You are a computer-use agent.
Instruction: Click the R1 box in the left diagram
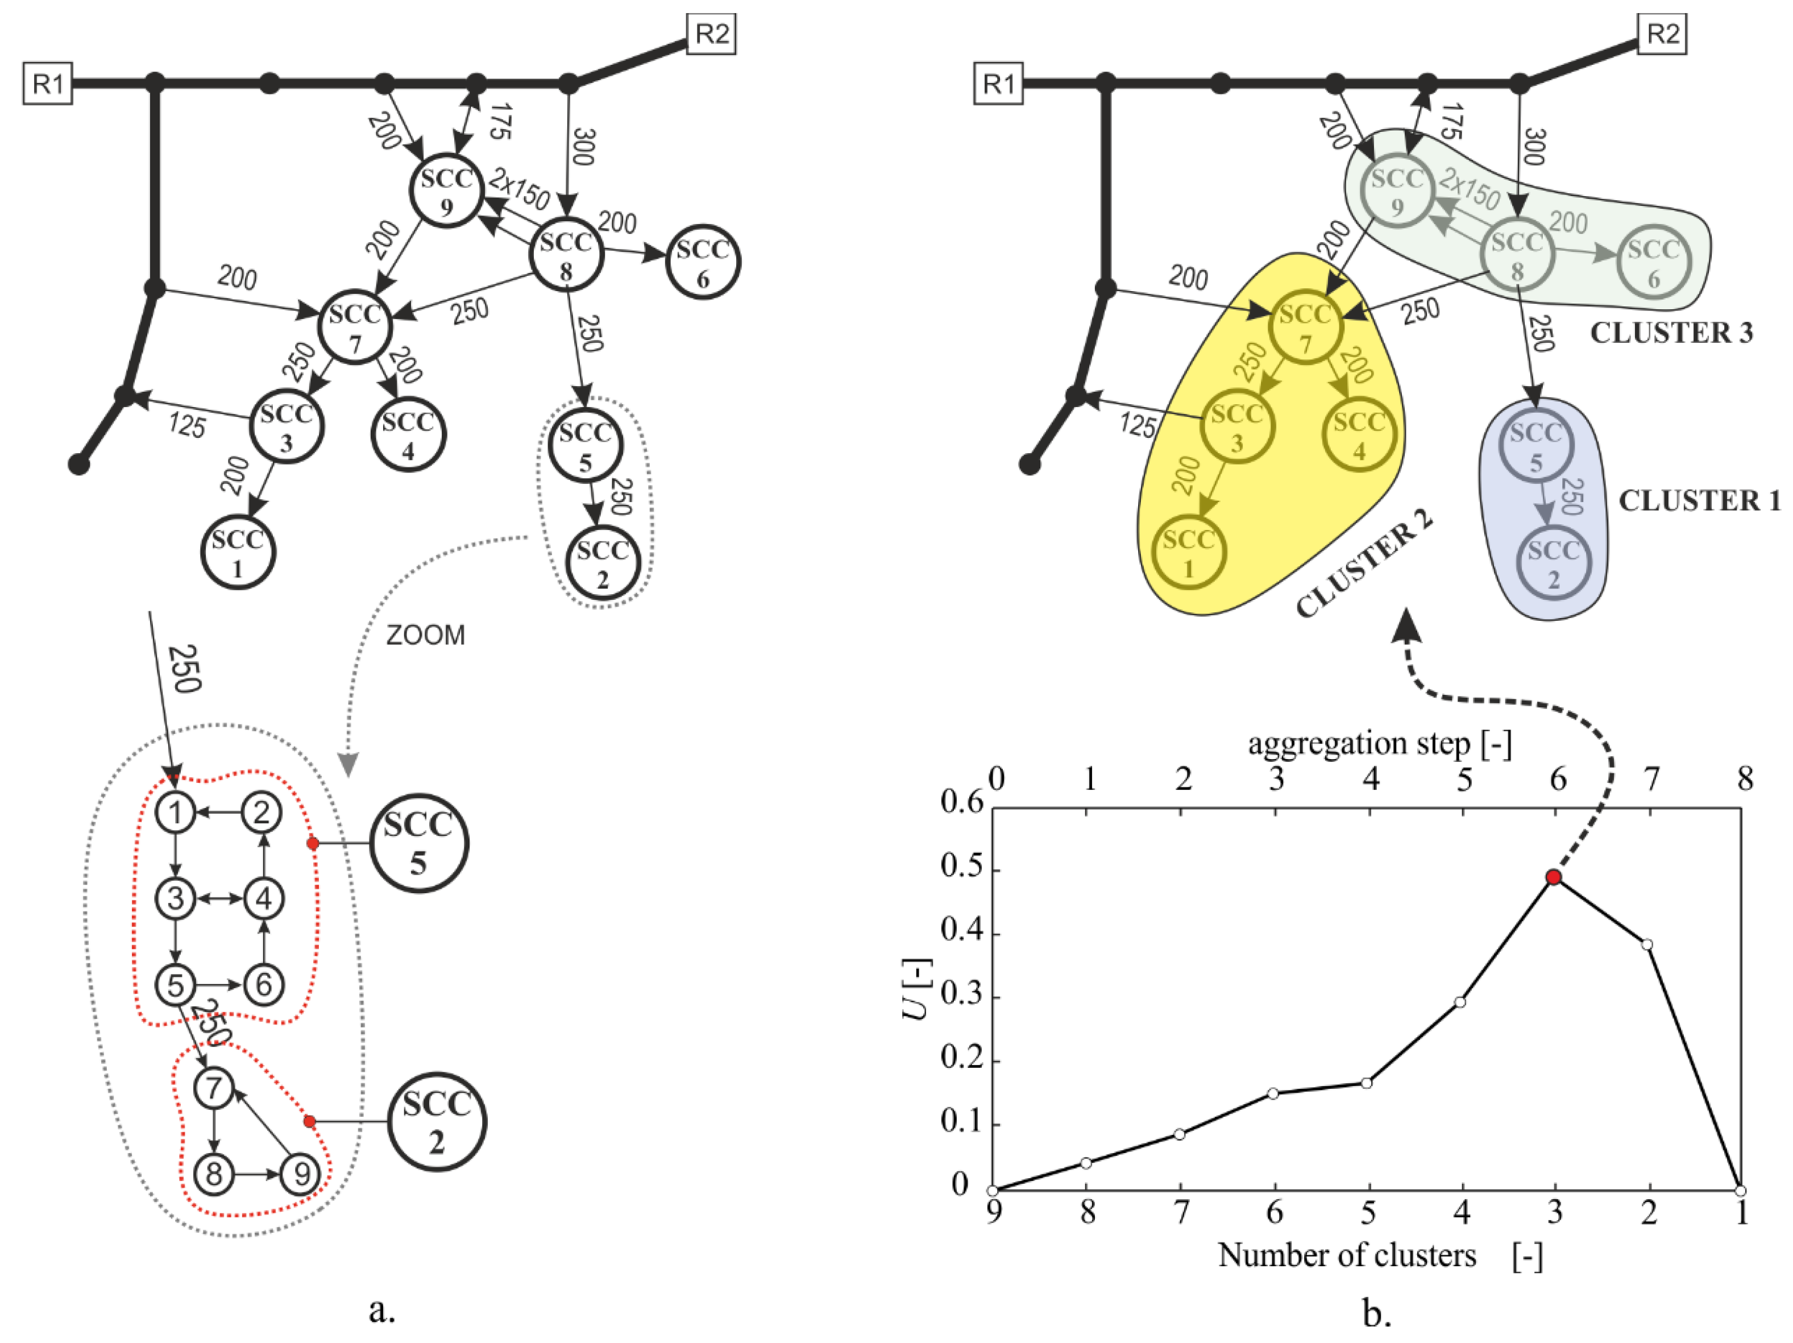click(47, 84)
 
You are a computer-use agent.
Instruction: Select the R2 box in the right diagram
click(1662, 34)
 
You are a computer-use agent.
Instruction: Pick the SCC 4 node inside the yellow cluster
click(1359, 435)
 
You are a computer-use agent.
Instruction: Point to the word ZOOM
click(426, 635)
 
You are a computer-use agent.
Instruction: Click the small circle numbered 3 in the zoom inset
click(175, 898)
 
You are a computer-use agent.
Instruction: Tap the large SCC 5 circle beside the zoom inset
click(418, 843)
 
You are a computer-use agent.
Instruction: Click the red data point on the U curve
click(1553, 877)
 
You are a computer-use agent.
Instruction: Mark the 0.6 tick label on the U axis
click(961, 802)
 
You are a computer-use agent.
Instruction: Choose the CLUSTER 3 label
click(1671, 332)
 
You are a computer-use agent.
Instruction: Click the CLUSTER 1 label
click(1699, 501)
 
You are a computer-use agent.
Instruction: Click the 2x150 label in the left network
click(520, 190)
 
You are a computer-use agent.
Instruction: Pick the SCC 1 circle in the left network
click(238, 553)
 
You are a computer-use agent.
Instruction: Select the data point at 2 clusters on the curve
click(1646, 944)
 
